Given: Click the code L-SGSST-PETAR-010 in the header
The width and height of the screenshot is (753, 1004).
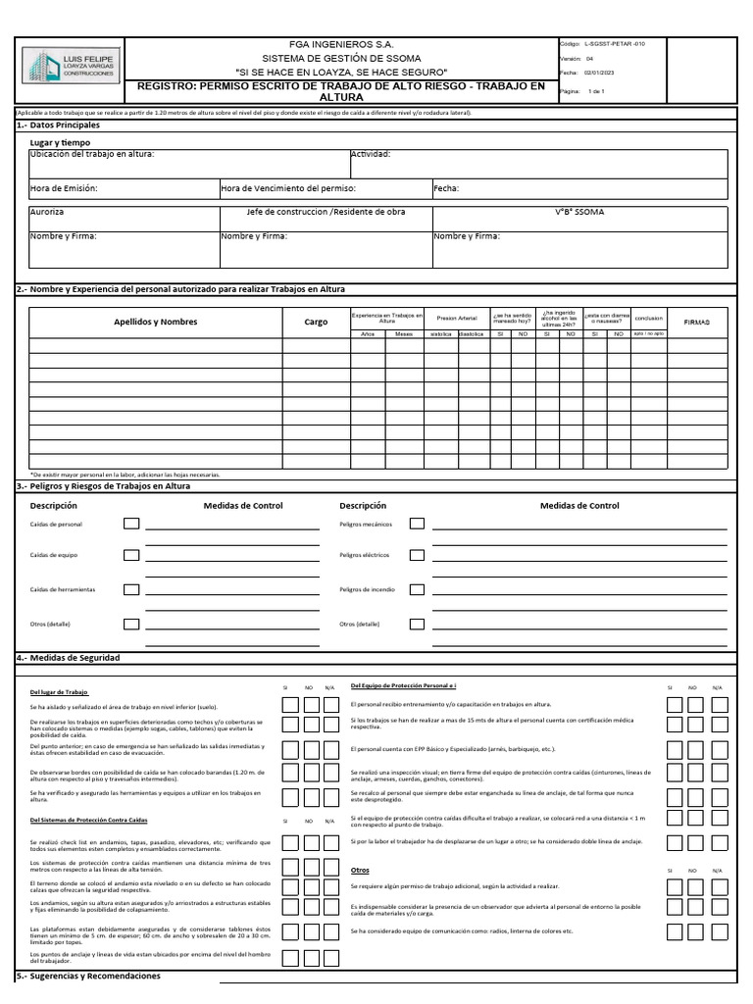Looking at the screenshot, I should (614, 44).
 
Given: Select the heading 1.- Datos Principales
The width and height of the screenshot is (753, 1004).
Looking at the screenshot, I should (59, 125).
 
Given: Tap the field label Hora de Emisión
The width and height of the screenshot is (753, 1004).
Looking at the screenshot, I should (65, 188).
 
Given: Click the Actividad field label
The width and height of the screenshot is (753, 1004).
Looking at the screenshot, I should (372, 154).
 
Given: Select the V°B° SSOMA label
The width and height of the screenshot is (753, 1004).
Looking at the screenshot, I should (579, 212).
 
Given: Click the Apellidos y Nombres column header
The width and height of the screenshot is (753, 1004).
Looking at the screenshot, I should (156, 322).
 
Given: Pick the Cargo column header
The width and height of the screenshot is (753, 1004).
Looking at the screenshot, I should (316, 322).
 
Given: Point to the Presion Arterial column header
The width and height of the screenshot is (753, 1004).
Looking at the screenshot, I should (457, 319).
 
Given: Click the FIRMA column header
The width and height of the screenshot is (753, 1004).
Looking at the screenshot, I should (696, 322).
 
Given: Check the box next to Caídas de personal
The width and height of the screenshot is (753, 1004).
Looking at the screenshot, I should (131, 525).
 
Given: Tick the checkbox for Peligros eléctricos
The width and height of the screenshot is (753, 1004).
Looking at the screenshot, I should (417, 555).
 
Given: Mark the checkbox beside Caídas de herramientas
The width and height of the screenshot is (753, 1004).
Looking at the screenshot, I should (131, 589).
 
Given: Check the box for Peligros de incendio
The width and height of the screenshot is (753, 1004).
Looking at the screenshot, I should (417, 589).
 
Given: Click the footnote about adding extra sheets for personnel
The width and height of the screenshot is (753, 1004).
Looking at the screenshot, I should (125, 475).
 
